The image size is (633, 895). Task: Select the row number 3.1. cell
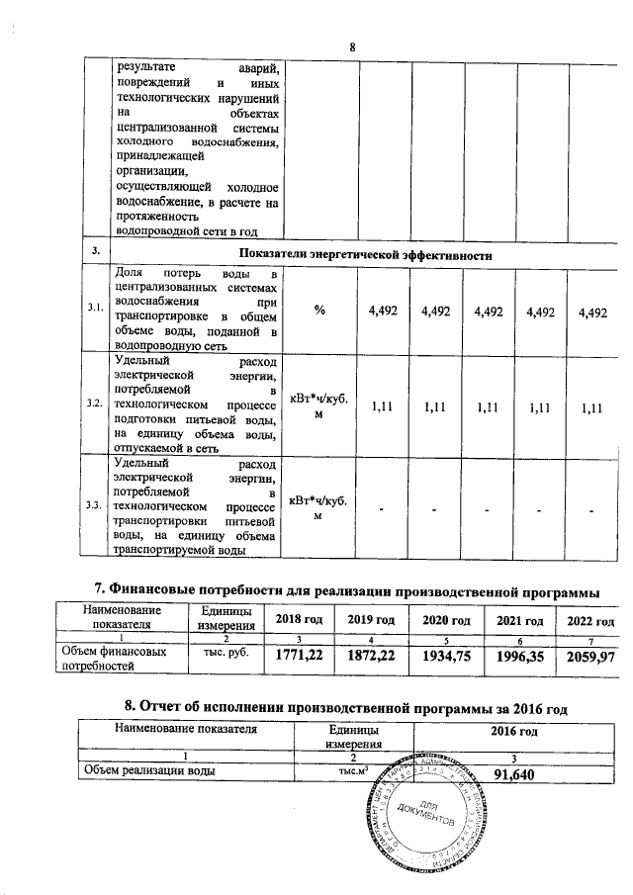click(x=95, y=310)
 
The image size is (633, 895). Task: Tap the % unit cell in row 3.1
click(x=320, y=311)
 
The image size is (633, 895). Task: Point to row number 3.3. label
click(x=95, y=504)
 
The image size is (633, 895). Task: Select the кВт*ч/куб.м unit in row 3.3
click(x=320, y=504)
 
